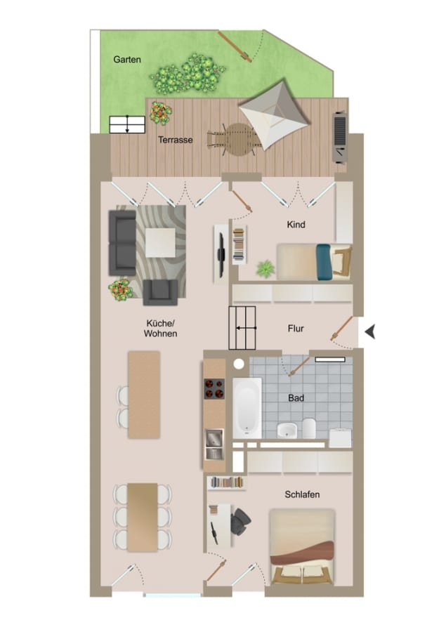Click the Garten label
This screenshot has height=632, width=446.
click(127, 60)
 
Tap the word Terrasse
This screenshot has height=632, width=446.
click(176, 140)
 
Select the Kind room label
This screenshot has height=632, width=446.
click(296, 225)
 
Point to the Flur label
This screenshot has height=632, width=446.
click(296, 329)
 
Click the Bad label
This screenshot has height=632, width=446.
click(296, 398)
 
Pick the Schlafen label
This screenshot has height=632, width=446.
click(303, 494)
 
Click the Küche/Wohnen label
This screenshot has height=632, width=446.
click(161, 329)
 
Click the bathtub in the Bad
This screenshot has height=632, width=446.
click(247, 408)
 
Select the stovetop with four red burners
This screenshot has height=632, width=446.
click(214, 388)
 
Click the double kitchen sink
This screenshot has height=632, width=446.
click(214, 445)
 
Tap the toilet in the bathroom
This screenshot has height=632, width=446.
click(309, 428)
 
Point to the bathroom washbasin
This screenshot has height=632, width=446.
click(287, 430)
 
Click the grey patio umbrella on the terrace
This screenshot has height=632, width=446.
click(275, 114)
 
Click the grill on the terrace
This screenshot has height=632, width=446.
click(341, 138)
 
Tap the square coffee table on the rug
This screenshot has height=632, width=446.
click(161, 243)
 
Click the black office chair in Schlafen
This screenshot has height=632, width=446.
click(241, 522)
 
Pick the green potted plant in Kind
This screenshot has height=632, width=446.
click(265, 269)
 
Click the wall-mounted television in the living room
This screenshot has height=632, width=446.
click(221, 255)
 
